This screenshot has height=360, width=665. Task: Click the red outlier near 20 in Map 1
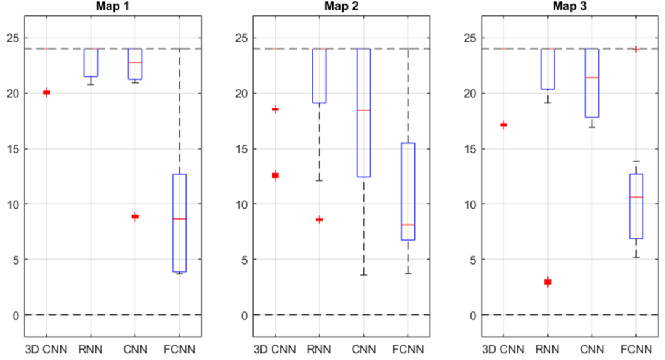pos(46,92)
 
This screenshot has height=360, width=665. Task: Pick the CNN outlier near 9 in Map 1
pos(135,217)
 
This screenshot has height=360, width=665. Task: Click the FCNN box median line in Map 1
pos(179,219)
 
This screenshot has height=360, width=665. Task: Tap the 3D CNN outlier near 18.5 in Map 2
pos(275,109)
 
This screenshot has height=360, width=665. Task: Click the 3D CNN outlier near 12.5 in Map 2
pos(275,175)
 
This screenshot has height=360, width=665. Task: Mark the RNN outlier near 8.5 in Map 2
pos(319,220)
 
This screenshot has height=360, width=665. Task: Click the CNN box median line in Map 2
pos(363,110)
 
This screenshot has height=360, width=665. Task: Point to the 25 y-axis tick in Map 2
pos(241,38)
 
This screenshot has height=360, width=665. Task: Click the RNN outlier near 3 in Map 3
pos(547,282)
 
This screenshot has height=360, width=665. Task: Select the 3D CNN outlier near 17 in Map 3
pos(503,125)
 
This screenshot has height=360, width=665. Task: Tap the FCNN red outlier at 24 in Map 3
pos(636,49)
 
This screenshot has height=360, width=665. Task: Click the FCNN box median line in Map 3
pos(636,197)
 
